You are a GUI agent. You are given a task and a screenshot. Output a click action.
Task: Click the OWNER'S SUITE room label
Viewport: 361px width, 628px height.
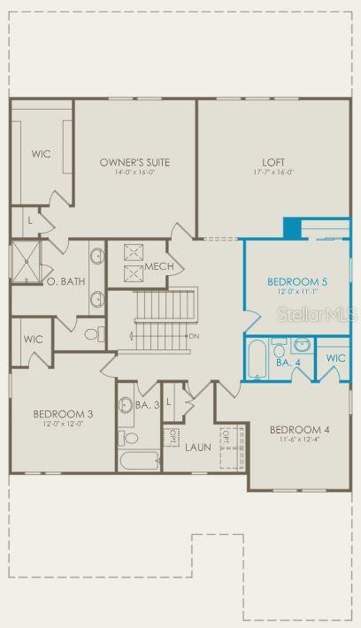tap(134, 162)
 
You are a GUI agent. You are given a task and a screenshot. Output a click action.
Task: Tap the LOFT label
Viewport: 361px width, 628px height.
tap(273, 162)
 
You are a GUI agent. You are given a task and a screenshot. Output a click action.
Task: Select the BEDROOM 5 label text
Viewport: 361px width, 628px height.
tap(296, 281)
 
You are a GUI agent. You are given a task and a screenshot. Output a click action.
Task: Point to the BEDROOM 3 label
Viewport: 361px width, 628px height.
tap(63, 413)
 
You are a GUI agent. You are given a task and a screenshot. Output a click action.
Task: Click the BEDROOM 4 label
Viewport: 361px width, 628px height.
tap(299, 430)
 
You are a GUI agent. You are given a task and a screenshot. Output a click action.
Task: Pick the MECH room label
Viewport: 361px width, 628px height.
tap(159, 266)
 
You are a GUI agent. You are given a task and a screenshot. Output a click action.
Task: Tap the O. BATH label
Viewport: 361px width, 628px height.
tap(65, 281)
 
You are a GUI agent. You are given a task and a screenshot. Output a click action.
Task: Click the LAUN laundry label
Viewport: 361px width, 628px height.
tap(197, 447)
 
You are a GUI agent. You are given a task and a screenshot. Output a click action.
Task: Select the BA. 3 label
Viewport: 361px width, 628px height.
tap(147, 405)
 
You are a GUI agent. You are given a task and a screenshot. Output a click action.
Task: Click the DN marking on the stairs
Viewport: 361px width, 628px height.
tap(193, 336)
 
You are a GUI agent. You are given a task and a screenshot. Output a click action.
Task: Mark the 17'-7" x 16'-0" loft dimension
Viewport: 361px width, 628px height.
tap(273, 173)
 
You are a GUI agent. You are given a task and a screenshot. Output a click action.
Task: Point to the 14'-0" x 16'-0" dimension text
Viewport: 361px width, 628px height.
tap(134, 173)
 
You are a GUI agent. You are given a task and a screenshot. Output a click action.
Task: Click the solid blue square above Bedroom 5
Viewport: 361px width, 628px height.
tap(292, 227)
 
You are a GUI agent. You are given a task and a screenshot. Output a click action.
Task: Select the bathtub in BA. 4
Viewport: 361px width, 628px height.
tap(257, 358)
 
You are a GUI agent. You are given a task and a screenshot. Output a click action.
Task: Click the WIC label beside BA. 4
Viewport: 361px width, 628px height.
tap(334, 358)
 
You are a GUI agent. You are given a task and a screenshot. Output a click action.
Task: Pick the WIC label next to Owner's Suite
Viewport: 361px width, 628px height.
tap(41, 154)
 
